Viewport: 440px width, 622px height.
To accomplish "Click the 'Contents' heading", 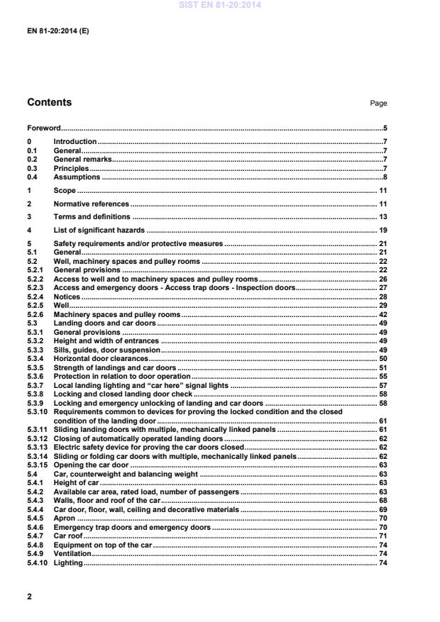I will (49, 103).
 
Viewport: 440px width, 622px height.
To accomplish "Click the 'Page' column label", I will (378, 104).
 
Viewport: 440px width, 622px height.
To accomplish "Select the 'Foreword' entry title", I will (43, 129).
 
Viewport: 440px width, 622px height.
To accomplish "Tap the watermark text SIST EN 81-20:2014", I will (220, 4).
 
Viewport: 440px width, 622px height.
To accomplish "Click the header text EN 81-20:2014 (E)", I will (58, 32).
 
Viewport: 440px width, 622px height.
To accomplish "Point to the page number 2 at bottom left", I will (29, 596).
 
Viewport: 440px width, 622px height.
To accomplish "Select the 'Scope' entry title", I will (65, 191).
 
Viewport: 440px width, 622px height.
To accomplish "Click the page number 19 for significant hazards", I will (382, 231).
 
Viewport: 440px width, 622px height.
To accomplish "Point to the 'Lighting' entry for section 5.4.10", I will (68, 563).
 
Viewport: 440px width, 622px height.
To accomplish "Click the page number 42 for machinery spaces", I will (382, 314).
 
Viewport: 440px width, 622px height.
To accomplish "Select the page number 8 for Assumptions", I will (384, 177).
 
